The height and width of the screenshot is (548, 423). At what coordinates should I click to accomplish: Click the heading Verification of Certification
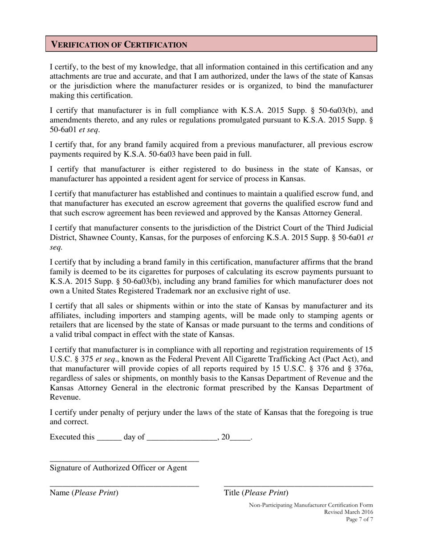(119, 45)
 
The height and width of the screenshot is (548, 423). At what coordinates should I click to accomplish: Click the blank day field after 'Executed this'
(109, 438)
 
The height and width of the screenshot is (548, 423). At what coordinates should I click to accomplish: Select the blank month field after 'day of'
(181, 438)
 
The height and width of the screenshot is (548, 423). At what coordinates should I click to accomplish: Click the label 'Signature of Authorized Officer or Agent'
(118, 468)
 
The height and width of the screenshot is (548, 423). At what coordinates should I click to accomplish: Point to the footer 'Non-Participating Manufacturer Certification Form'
(311, 505)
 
